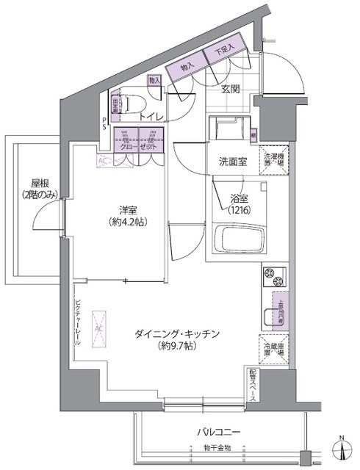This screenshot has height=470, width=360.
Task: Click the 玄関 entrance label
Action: (x=222, y=90)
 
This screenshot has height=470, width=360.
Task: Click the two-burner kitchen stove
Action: (x=273, y=278)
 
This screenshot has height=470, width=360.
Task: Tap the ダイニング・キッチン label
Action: (x=177, y=333)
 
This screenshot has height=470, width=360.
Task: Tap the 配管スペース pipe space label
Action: (x=252, y=384)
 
